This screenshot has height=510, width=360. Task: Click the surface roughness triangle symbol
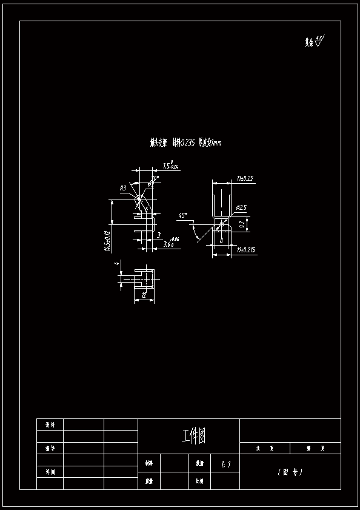pos(319,42)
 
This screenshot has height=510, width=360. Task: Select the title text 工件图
pos(193,435)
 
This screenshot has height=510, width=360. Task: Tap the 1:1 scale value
pos(227,465)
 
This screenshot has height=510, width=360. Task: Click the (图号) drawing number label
pos(290,472)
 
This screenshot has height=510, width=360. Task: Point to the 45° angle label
pos(182,215)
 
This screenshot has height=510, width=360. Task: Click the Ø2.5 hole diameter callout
pos(241,207)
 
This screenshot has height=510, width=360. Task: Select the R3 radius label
pos(123,188)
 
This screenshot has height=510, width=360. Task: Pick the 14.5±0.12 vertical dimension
pos(107,241)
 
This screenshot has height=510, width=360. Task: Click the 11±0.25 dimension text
pos(245,178)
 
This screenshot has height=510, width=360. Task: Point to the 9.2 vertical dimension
pos(242,224)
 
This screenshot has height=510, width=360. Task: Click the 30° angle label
pos(155,179)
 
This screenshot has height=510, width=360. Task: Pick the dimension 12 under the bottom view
pos(144,295)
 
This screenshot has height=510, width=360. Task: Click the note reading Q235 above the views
pos(185,143)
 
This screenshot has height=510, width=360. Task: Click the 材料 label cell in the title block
pos(148,463)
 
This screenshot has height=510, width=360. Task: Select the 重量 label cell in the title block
pos(148,480)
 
